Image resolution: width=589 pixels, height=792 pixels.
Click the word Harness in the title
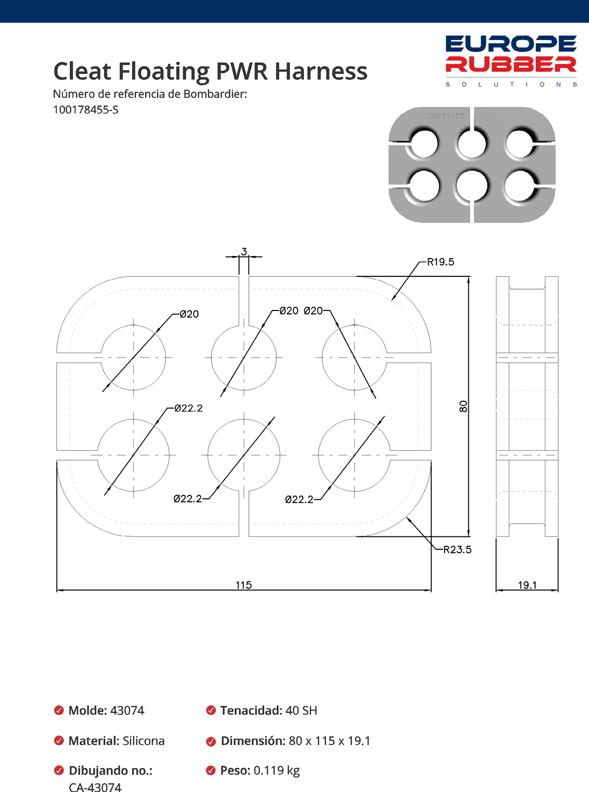pyautogui.click(x=321, y=71)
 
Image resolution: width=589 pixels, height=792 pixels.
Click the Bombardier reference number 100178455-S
pyautogui.click(x=86, y=110)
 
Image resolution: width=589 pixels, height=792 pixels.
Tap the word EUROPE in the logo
pyautogui.click(x=511, y=44)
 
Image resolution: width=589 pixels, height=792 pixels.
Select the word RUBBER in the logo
pyautogui.click(x=511, y=64)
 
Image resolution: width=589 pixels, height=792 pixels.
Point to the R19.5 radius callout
pyautogui.click(x=441, y=262)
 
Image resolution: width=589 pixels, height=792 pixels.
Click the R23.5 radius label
pyautogui.click(x=457, y=550)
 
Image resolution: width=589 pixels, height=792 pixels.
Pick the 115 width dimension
pyautogui.click(x=244, y=585)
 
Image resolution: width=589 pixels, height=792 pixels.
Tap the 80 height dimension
pyautogui.click(x=463, y=406)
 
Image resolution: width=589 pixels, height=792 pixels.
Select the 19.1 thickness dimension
pyautogui.click(x=527, y=585)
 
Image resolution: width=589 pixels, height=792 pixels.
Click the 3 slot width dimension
pyautogui.click(x=244, y=252)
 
